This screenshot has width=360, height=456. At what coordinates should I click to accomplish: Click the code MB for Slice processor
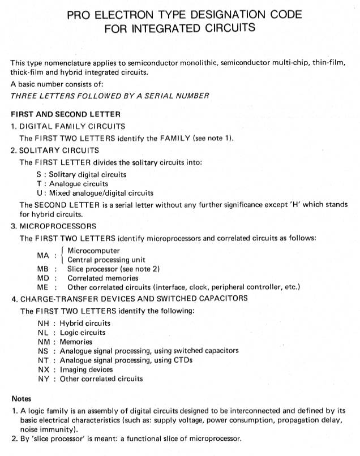44,269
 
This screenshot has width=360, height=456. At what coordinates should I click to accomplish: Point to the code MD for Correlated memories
44,278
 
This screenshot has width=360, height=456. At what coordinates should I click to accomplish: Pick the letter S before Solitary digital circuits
38,174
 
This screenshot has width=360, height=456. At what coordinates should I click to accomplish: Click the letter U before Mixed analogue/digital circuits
38,192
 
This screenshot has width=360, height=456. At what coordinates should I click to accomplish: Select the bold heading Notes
22,398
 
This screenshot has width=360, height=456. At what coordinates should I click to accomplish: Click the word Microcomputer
93,251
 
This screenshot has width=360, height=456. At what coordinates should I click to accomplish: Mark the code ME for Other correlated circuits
44,287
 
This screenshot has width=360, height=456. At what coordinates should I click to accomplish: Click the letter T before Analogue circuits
38,183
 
